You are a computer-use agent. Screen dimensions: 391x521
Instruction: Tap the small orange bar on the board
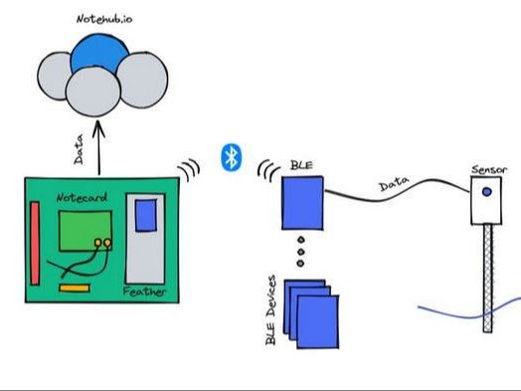tap(73, 289)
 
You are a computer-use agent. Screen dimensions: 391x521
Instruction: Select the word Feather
tap(144, 292)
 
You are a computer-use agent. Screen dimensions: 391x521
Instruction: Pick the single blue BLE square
tap(300, 203)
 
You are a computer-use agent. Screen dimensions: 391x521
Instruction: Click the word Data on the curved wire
tap(396, 186)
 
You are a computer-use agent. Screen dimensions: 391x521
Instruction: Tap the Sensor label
tap(488, 171)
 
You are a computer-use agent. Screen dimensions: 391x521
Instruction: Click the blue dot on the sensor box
tap(486, 192)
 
